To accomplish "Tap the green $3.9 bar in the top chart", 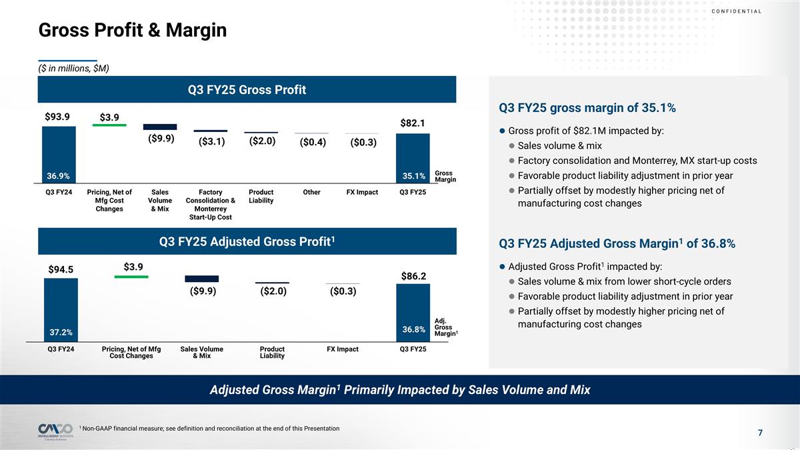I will coord(109,125).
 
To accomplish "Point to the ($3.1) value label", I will coord(211,142).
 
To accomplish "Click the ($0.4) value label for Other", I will coord(313,143).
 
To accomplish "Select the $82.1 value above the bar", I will coord(413,123).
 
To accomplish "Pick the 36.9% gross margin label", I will coord(58,176).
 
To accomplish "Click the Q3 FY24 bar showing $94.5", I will coord(61,307).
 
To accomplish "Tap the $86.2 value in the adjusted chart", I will coord(413,275).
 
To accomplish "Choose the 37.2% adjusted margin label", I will coord(61,331).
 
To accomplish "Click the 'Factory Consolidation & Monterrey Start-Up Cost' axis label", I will coord(211,205).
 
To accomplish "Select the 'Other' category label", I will coord(311,193).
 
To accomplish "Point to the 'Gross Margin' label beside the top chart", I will coord(443,176).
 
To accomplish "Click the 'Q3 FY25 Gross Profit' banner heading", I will coord(247,89).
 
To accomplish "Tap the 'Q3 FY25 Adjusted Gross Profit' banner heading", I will coord(247,241).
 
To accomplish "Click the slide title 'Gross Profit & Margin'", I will coord(133,30).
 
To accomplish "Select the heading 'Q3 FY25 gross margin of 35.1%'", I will coord(587,108).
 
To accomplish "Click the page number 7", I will coord(760,433).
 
